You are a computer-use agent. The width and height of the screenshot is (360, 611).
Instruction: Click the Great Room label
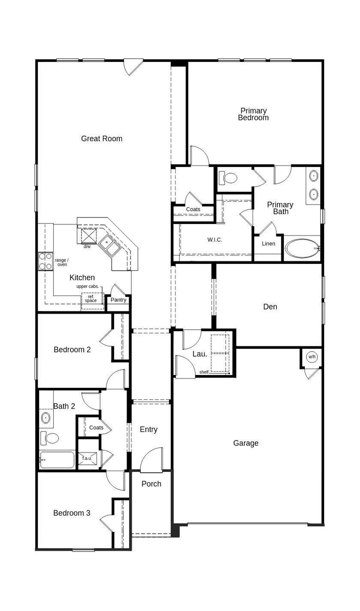pos(102,138)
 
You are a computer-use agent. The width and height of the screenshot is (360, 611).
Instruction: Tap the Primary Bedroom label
pos(253,114)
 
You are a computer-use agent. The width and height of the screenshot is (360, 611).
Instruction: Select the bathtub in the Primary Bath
pos(302,248)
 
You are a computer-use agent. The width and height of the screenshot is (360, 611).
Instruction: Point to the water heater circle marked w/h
pos(312,357)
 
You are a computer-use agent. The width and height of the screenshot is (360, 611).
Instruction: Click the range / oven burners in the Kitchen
pos(45,261)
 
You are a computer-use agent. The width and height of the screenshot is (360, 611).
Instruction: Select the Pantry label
pos(118,300)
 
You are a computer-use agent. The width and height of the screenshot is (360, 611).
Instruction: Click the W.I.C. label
pos(215,240)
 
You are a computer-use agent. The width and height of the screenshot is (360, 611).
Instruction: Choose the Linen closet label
pos(268,244)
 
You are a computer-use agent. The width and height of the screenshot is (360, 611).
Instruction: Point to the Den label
pos(270,307)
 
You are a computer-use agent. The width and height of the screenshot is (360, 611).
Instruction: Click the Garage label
pos(246,443)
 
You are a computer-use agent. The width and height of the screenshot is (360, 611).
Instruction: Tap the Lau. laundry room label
pos(200,354)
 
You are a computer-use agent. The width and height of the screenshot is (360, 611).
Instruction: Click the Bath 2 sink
pos(46,418)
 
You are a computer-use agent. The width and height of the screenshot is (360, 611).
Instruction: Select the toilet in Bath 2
pos(50,438)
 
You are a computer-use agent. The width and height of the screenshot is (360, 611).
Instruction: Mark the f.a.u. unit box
pos(87,458)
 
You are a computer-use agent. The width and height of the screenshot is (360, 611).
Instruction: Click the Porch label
pos(151,484)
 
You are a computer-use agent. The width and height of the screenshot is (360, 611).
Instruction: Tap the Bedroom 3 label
pos(72,513)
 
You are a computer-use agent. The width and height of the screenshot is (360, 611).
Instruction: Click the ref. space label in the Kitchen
pos(91,299)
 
